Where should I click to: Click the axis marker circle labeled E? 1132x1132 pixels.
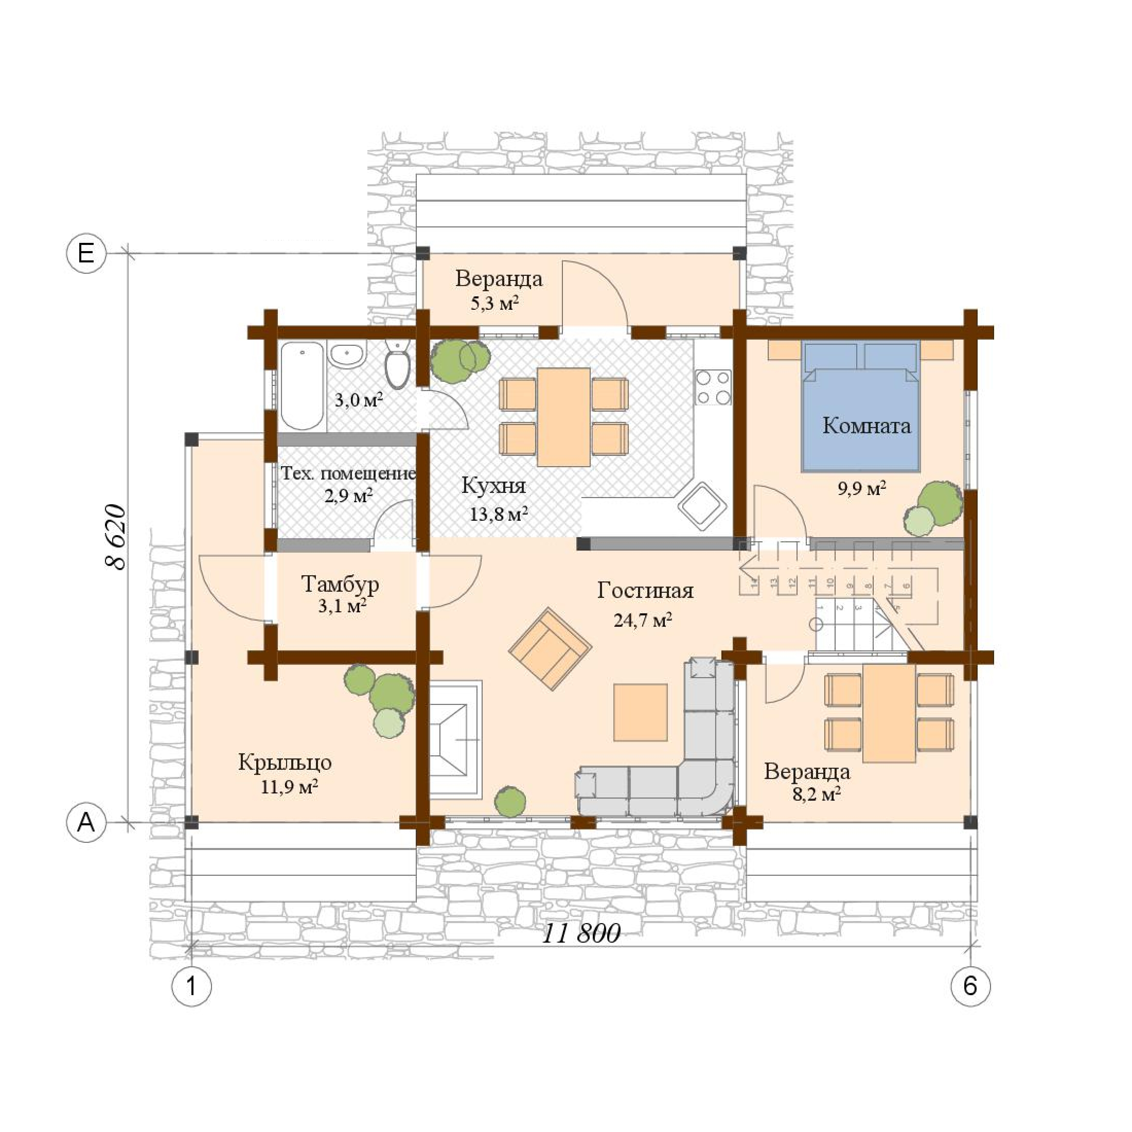click(86, 254)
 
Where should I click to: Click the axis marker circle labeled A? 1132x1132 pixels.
click(86, 823)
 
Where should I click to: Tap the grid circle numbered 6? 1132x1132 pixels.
click(970, 986)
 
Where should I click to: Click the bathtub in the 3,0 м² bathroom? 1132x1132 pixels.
click(302, 386)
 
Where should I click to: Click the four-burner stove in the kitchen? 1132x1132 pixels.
click(713, 387)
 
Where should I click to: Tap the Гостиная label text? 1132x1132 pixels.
click(645, 591)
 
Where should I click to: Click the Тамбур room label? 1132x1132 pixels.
click(340, 584)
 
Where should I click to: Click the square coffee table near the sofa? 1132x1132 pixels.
click(640, 712)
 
